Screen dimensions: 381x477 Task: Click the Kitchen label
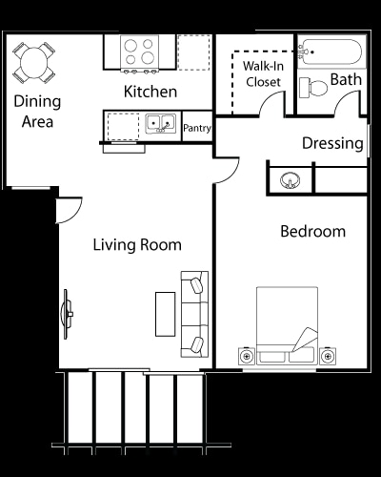pos(150,92)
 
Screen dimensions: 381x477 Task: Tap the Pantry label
pos(197,128)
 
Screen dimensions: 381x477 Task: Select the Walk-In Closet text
pos(263,74)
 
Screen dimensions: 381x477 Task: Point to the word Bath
pos(346,79)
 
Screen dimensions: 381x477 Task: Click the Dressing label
pos(332,143)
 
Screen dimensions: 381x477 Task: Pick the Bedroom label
pos(313,231)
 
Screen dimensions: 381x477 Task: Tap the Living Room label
pos(137,245)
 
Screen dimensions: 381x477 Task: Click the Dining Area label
pos(37,112)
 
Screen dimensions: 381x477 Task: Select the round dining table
pos(34,63)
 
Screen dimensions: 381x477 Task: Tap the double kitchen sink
pos(161,123)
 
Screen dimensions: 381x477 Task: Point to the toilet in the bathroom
pos(313,88)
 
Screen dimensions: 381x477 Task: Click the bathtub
pos(331,52)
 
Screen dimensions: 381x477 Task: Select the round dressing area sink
pos(291,180)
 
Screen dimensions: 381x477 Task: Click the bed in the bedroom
pos(287,325)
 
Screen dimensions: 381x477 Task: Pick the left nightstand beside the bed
pos(247,356)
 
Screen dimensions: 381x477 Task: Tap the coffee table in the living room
pos(165,314)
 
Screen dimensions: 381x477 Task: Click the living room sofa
pos(194,314)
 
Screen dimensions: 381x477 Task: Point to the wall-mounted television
pos(67,314)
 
